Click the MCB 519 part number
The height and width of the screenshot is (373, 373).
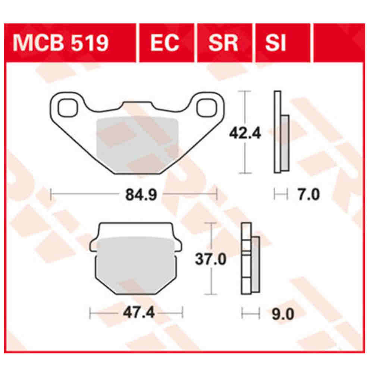[x=61, y=43]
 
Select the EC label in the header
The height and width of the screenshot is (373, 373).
[x=165, y=43]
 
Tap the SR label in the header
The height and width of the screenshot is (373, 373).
[x=223, y=43]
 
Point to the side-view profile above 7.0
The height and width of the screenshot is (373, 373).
[x=281, y=132]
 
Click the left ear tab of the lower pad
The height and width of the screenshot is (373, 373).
[x=93, y=245]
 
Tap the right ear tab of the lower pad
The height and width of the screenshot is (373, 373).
[x=178, y=245]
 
